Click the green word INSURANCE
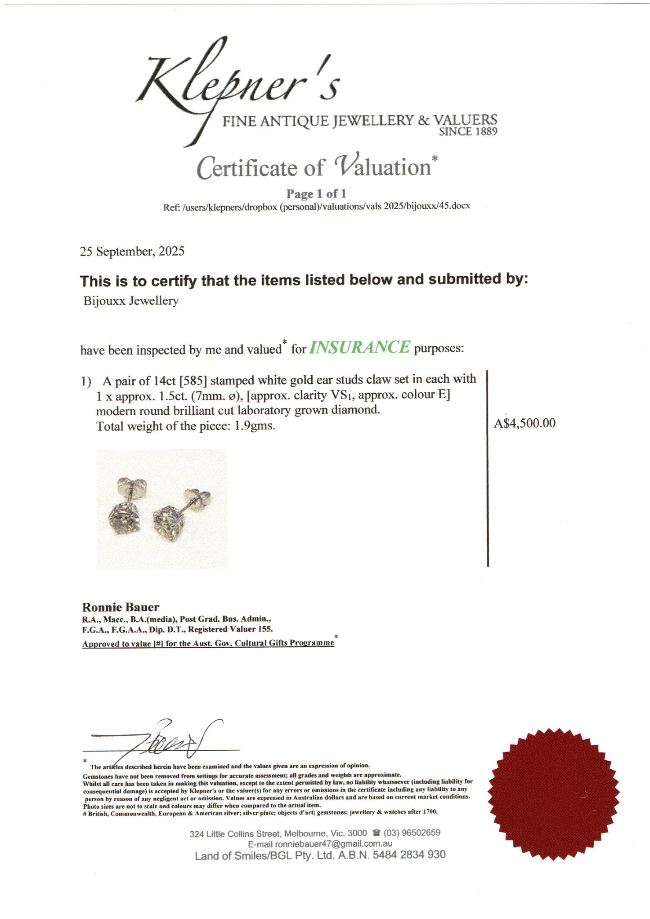(359, 347)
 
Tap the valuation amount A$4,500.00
(524, 423)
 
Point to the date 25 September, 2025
(132, 251)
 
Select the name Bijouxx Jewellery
(131, 300)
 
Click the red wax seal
(554, 794)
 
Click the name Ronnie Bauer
(121, 607)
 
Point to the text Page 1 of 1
(316, 194)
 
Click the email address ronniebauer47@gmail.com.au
(333, 844)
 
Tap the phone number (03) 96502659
(412, 833)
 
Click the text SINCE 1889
(468, 132)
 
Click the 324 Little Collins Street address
(278, 834)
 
